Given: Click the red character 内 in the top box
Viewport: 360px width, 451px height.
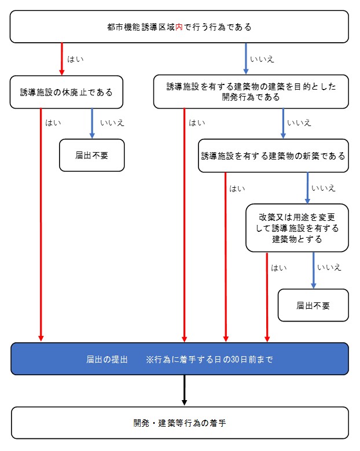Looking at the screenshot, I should coord(179,27).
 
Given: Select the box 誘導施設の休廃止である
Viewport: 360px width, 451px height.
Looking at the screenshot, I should coord(67,92).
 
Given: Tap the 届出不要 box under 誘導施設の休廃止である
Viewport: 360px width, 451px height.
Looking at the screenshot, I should coord(91,155).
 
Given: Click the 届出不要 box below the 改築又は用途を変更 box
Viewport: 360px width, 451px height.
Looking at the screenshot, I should coord(313,305).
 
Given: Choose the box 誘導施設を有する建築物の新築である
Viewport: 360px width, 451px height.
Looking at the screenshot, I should coord(273,156).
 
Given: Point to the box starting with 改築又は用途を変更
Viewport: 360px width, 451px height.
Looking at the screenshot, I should coord(297,228).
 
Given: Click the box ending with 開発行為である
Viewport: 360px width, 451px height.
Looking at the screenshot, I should coord(251,92).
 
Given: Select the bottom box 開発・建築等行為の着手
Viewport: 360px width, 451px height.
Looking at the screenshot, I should coord(179,423).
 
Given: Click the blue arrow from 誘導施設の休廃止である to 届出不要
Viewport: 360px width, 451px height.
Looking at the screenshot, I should coord(92,123).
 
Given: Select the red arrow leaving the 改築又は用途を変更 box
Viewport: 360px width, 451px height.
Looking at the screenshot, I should coord(267,295).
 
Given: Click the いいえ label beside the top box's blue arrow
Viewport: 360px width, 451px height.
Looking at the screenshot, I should coord(261,59).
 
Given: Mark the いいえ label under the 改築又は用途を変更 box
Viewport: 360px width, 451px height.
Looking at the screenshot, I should coord(329,267).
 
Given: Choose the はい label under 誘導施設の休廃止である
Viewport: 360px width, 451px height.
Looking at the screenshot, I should coord(54,123).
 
